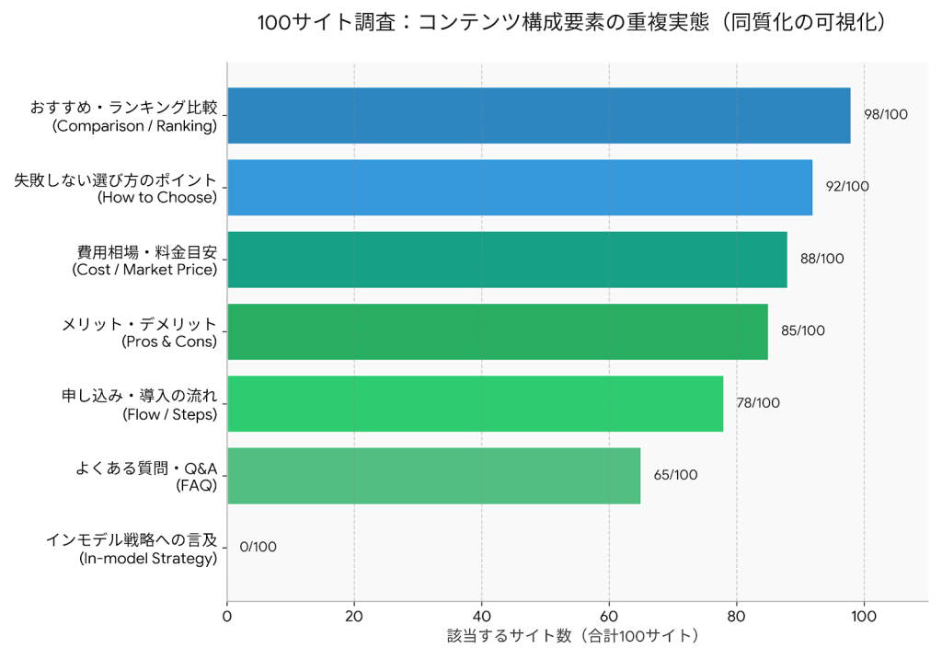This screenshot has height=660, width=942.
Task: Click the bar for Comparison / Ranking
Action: point(538,116)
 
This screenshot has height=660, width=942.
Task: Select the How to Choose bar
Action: point(520,188)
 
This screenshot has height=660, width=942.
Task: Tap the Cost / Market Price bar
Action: point(507,260)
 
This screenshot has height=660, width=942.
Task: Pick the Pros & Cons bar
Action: point(497,331)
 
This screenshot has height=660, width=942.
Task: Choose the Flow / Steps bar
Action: point(475,403)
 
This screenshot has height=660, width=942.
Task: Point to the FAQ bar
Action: point(433,475)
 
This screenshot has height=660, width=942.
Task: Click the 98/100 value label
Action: point(885,115)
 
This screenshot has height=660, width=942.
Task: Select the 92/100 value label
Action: point(846,187)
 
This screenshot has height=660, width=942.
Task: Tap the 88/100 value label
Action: point(821,259)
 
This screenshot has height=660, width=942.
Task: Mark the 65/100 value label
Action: point(675,475)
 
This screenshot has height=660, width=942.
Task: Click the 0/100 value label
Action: point(258,547)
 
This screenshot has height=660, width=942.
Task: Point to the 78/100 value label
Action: point(757,403)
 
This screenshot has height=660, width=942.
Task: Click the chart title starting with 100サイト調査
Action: point(573,23)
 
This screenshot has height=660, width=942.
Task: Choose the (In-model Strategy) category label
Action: point(148,558)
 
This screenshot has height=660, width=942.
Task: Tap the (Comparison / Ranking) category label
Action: point(134,126)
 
